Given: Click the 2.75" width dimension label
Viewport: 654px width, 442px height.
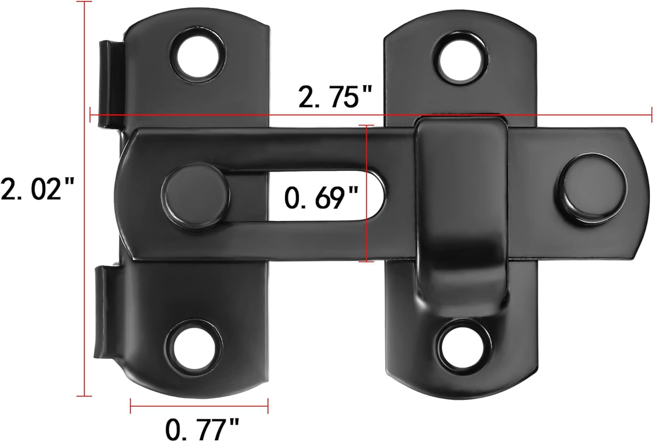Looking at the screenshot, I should [x=334, y=96].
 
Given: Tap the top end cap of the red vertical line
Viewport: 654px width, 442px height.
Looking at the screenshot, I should [x=84, y=2].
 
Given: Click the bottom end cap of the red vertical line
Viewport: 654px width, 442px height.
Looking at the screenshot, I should [x=84, y=396].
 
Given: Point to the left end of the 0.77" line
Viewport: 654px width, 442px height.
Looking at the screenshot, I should [x=131, y=405].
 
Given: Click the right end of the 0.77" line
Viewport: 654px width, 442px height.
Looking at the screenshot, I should [x=268, y=405].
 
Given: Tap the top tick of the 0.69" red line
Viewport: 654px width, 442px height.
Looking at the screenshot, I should [x=367, y=126].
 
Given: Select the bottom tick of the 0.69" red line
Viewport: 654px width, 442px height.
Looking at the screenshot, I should [x=367, y=261].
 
